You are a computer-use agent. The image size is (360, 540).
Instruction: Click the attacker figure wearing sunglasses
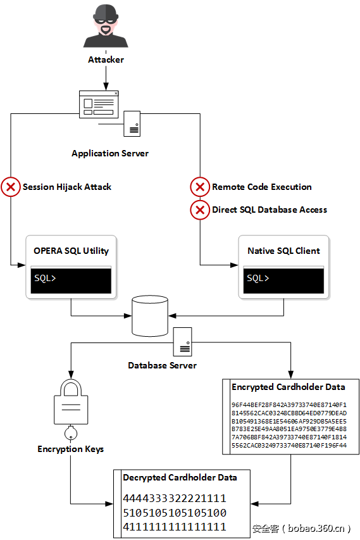(x=106, y=27)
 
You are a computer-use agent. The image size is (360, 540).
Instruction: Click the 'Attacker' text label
(x=106, y=60)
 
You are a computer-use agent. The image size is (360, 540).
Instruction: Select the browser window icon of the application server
(x=99, y=104)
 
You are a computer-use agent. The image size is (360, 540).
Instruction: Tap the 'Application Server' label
(x=110, y=153)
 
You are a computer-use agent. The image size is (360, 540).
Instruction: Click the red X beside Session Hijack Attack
(x=11, y=187)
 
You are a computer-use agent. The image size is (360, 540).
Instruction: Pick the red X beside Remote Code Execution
(x=200, y=187)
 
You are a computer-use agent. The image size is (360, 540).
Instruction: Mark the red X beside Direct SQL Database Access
(x=200, y=210)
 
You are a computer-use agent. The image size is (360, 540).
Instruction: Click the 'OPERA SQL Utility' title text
(x=71, y=251)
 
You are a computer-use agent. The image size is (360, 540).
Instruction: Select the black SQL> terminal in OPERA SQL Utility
(x=71, y=279)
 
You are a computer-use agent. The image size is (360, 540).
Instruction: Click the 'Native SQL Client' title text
(x=283, y=251)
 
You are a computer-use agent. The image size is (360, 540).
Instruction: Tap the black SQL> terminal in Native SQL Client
(x=283, y=279)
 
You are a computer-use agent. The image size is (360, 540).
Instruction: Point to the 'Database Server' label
(x=162, y=365)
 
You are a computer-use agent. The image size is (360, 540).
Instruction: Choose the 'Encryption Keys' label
(x=70, y=449)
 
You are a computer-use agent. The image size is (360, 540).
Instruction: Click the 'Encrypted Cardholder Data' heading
(x=289, y=387)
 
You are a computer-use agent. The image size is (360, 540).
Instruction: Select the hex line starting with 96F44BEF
(x=289, y=405)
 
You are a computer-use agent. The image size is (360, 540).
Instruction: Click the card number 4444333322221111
(x=175, y=499)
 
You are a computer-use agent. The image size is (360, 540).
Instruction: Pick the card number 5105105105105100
(x=175, y=513)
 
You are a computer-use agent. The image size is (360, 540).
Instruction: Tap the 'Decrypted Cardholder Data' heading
(x=180, y=478)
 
